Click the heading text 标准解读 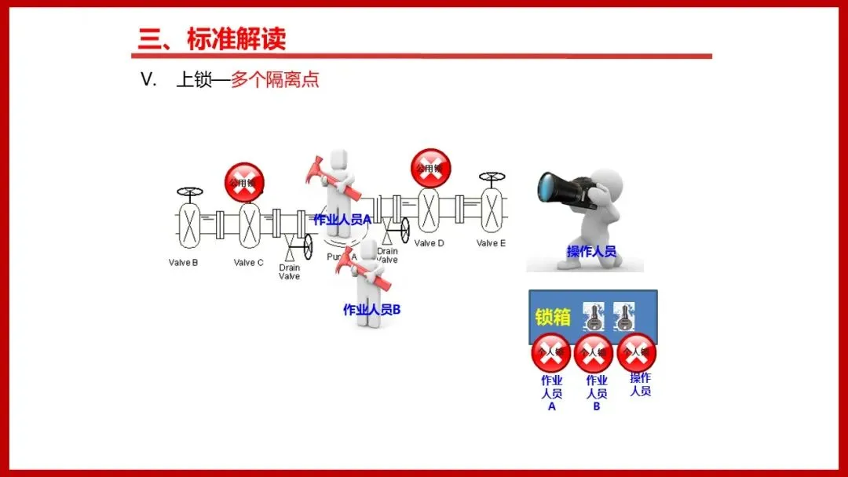click(x=236, y=38)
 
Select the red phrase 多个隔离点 click(x=275, y=80)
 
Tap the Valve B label click(x=183, y=263)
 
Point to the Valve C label click(x=249, y=263)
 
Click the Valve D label click(x=429, y=243)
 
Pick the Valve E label click(x=492, y=243)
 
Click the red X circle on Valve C click(x=244, y=183)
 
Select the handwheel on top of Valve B click(x=189, y=191)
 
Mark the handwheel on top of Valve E click(x=492, y=177)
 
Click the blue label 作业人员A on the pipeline click(x=342, y=220)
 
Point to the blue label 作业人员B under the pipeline click(x=372, y=310)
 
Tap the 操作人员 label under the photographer click(x=591, y=252)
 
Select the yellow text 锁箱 click(x=553, y=317)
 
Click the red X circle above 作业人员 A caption click(x=551, y=353)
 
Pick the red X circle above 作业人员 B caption click(x=594, y=354)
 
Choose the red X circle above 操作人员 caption click(x=637, y=353)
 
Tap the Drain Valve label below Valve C click(x=290, y=272)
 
